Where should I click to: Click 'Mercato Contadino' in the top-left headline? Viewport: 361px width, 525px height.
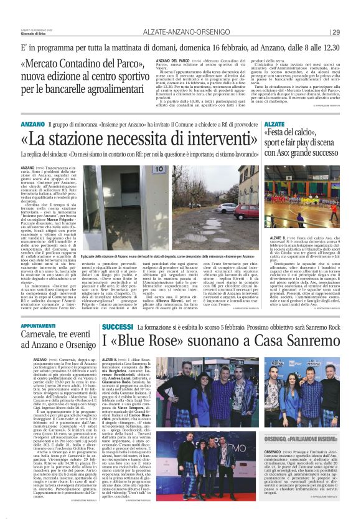click(x=67, y=64)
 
